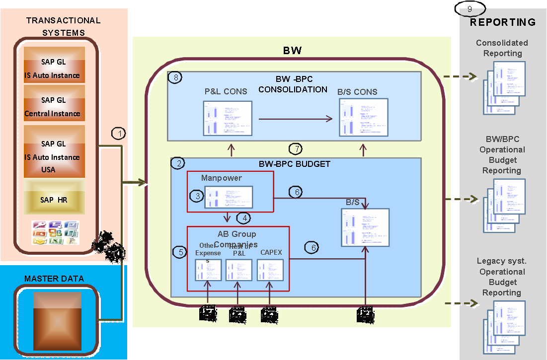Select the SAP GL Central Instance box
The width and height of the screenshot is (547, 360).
(54, 107)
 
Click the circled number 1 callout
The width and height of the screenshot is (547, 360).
(119, 133)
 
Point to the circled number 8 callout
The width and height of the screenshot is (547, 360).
(175, 77)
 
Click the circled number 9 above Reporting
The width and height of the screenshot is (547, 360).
(469, 9)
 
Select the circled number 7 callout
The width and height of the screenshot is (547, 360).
(296, 148)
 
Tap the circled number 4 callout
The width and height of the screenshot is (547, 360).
(243, 217)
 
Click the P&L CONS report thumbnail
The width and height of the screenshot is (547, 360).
(225, 118)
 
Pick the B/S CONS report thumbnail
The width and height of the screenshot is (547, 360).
(363, 118)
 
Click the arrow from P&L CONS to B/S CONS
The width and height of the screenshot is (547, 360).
(296, 119)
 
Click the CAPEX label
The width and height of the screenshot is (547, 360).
(271, 252)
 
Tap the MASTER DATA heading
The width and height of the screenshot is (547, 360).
(54, 279)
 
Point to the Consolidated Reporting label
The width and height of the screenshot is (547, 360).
(502, 48)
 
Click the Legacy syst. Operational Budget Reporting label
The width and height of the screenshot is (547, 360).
(502, 277)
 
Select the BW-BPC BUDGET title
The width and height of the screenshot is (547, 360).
(295, 163)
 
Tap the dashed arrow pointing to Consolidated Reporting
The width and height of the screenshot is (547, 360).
(460, 77)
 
